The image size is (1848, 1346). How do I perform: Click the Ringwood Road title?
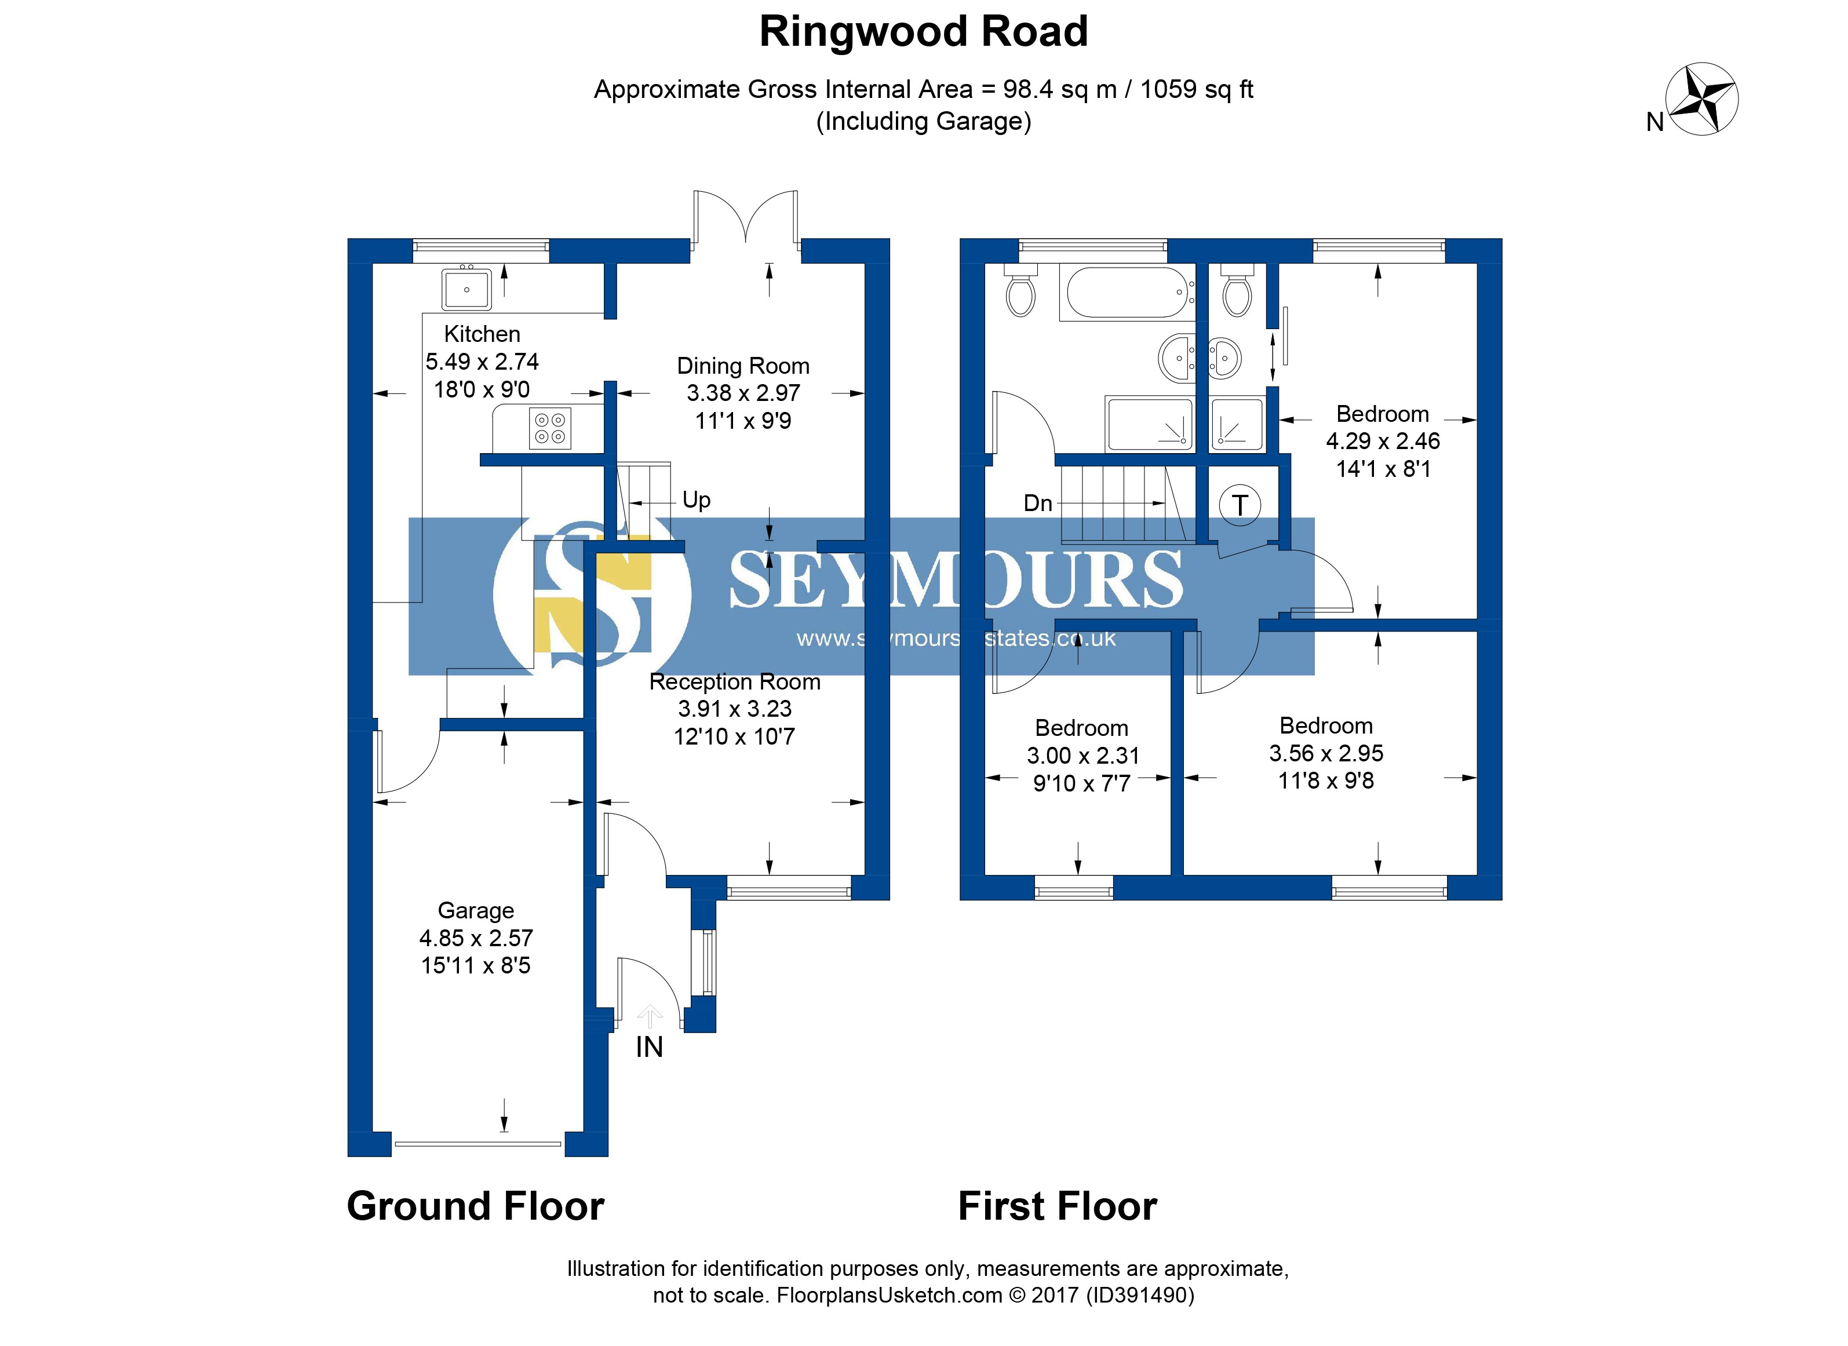click(923, 32)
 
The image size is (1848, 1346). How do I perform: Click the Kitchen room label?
click(482, 334)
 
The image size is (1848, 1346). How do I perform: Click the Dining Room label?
click(743, 367)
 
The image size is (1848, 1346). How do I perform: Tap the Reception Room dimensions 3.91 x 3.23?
click(735, 709)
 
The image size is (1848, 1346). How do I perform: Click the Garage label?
click(476, 910)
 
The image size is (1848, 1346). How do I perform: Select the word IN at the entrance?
click(650, 1048)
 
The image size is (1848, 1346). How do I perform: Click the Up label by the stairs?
click(697, 499)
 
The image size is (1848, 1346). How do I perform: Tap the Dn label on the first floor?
click(1037, 504)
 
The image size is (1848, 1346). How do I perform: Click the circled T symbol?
click(1240, 505)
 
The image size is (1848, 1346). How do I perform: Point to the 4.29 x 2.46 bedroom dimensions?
click(1383, 442)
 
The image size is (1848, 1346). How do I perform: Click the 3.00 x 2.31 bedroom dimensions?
click(1082, 756)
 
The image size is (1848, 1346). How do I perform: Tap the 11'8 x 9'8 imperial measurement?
click(1326, 780)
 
